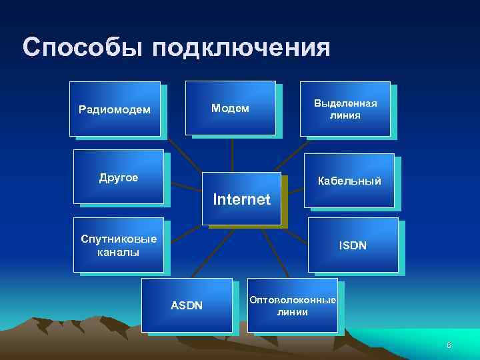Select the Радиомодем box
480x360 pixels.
click(x=115, y=109)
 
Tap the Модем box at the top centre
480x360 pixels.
click(x=230, y=108)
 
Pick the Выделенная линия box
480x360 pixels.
click(x=345, y=109)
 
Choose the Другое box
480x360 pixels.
click(x=118, y=177)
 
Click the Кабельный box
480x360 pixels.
click(x=349, y=181)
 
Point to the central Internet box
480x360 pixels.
click(x=241, y=199)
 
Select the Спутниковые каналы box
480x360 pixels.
click(x=118, y=245)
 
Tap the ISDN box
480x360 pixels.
click(x=353, y=245)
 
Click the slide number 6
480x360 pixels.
click(x=449, y=345)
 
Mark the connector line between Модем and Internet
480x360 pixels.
click(x=231, y=155)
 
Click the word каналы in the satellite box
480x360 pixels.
click(x=118, y=252)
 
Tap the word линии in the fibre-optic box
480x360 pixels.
click(x=293, y=312)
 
